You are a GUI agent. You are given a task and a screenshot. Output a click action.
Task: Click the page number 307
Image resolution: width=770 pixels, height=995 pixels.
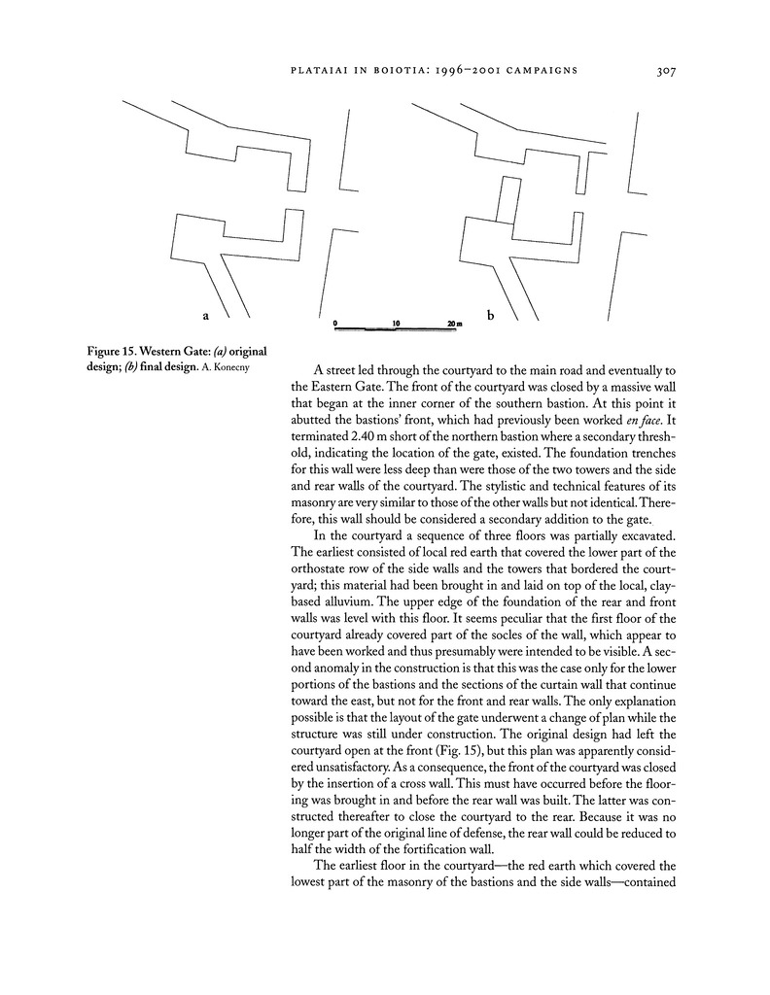(x=667, y=70)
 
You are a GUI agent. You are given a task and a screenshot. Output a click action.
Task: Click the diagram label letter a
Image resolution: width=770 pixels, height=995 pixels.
(x=205, y=315)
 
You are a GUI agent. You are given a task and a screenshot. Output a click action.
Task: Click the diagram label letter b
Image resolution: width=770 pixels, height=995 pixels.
(x=491, y=315)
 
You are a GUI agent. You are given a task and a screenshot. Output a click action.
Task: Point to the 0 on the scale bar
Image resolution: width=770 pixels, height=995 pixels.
(x=335, y=322)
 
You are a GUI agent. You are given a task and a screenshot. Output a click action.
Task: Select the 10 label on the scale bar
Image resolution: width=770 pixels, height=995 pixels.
(x=396, y=322)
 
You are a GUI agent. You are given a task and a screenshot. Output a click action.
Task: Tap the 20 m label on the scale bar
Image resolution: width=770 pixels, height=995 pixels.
(x=454, y=322)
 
